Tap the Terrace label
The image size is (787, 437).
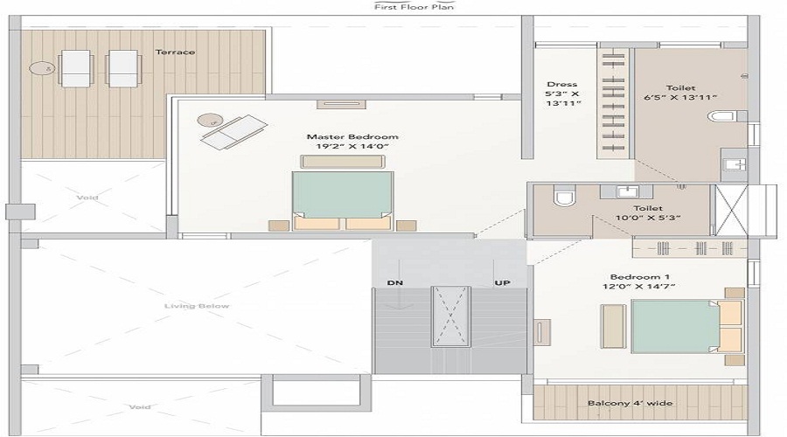point(175,52)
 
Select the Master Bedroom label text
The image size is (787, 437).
point(352,137)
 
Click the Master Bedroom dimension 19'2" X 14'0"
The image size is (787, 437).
point(352,148)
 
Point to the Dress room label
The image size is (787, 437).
point(561,85)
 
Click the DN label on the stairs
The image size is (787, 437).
point(395,282)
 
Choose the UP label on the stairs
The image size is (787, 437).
point(503,282)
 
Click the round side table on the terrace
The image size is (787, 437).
point(40,66)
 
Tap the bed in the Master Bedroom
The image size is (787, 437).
point(343,200)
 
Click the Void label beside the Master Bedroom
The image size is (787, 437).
point(87,198)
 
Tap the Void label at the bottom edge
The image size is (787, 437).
point(139,407)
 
